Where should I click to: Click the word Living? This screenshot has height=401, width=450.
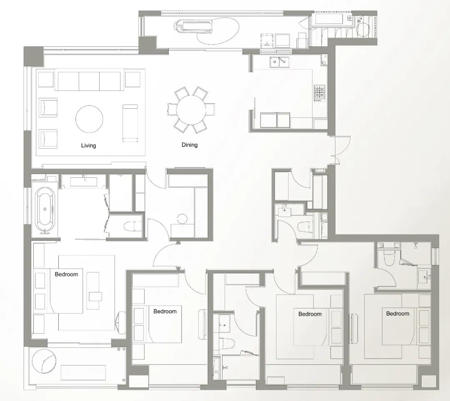[88, 145]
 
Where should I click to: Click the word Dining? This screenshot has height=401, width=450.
[190, 145]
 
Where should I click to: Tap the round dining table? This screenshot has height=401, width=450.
[191, 110]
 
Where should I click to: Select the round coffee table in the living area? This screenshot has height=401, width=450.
[89, 119]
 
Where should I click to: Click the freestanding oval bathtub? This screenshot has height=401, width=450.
[45, 209]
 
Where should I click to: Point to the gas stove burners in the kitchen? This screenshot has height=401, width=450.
[319, 93]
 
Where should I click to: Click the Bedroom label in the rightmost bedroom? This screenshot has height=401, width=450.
[397, 314]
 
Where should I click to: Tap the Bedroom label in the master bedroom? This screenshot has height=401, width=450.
[66, 274]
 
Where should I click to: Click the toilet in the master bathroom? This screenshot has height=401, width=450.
[132, 226]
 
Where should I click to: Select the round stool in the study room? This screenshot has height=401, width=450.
[182, 219]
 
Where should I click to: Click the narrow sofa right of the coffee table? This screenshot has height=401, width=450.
[130, 123]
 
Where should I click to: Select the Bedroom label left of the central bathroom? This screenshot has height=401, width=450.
[165, 311]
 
